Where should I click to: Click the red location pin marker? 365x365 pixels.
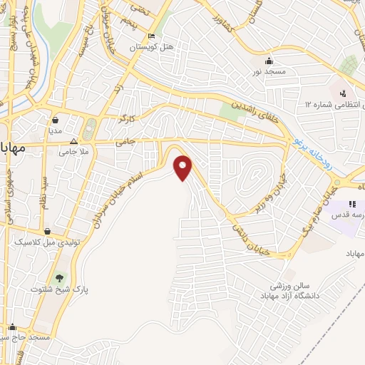184,167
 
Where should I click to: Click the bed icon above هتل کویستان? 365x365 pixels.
150,36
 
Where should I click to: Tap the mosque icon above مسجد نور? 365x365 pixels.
269,61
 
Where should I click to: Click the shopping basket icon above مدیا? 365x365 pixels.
56,120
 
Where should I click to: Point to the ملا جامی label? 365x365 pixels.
73,151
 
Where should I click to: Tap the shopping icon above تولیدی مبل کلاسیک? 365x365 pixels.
47,232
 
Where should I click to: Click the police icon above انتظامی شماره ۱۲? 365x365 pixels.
342,93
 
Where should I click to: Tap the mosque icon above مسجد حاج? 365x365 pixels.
11,329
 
